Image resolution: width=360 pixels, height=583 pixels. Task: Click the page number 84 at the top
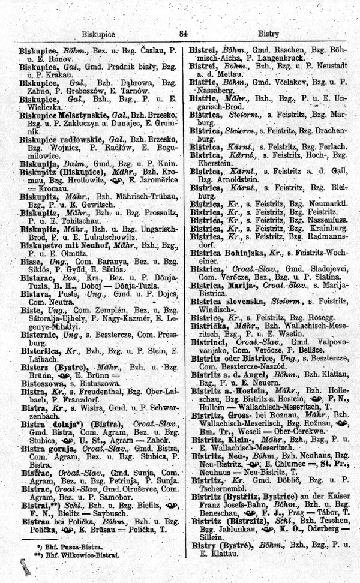[183, 34]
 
